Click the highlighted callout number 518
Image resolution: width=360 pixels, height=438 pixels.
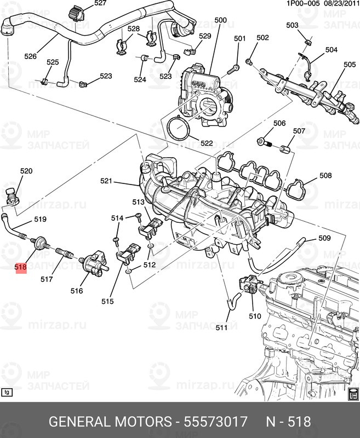(21, 268)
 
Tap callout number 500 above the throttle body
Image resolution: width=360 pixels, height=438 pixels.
(220, 21)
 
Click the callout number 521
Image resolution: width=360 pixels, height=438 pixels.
(106, 181)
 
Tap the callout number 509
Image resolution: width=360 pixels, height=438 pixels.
(324, 238)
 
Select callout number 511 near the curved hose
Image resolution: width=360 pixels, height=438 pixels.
(221, 327)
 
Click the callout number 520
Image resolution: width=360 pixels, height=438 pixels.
(26, 171)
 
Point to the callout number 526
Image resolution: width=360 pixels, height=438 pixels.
(31, 56)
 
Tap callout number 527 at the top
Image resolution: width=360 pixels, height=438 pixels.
(100, 3)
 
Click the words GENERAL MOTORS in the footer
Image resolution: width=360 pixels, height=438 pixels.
(110, 422)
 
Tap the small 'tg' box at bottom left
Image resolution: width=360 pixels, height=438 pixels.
(7, 392)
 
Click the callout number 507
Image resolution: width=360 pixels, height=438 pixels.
(299, 131)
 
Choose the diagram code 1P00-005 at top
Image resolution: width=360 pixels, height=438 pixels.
(303, 3)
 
